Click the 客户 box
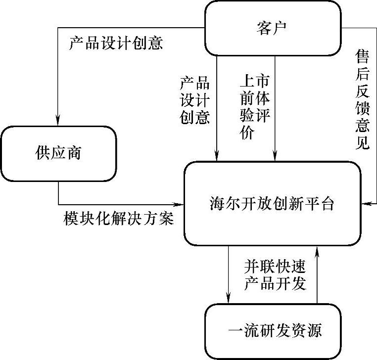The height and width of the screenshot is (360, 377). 273,28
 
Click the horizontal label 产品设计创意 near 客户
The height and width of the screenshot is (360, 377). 116,44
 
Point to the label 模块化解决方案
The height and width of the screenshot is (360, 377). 119,218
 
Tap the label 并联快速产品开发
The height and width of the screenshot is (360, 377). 275,275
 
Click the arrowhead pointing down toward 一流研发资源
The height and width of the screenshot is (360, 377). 229,298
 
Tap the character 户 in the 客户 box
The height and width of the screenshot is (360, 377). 282,28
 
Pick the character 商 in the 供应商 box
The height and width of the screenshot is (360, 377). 74,153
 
